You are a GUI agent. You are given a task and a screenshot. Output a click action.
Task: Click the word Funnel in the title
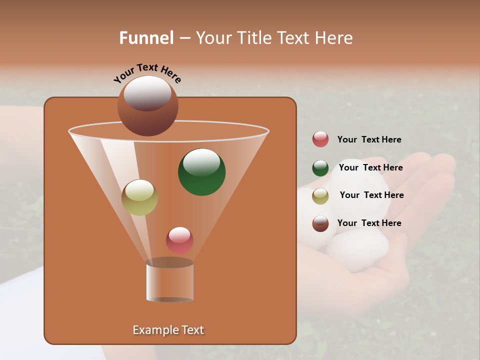(146, 38)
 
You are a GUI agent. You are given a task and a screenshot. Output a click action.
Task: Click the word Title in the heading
(254, 38)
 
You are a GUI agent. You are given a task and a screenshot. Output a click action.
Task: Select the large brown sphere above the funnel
(147, 105)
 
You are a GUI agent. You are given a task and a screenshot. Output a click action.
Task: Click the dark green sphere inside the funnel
(201, 172)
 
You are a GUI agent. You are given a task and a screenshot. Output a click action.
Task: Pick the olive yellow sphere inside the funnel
(139, 197)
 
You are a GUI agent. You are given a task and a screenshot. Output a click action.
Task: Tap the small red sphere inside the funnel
(179, 240)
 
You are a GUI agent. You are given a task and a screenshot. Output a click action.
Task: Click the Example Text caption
(168, 330)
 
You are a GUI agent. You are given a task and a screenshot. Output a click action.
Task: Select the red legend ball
(320, 139)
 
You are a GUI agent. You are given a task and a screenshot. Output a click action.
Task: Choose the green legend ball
(320, 168)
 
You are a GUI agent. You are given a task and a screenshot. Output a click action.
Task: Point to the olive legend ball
(320, 196)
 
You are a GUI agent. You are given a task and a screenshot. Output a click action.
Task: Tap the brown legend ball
(320, 223)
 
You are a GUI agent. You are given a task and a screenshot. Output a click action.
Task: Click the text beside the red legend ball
(369, 140)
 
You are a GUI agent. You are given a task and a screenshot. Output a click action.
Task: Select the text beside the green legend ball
(370, 167)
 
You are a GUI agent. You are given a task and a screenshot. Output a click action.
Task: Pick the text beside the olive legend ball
(371, 195)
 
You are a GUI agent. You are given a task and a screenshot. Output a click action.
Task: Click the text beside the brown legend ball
(369, 223)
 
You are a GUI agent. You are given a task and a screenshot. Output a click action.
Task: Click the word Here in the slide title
(334, 38)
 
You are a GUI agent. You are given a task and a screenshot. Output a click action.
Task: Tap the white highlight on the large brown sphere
(147, 92)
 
